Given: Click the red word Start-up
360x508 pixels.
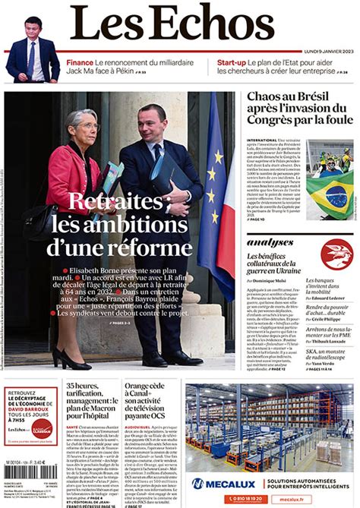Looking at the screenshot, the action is click(232, 62).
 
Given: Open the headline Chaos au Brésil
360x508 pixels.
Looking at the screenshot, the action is click(295, 109).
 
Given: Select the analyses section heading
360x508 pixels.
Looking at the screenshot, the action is click(270, 242).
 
